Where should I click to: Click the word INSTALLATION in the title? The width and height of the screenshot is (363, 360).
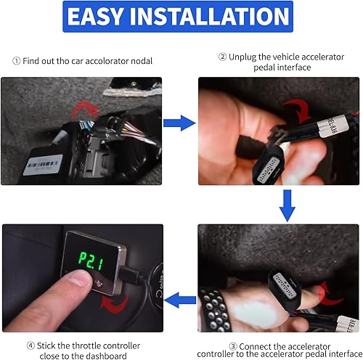217,18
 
